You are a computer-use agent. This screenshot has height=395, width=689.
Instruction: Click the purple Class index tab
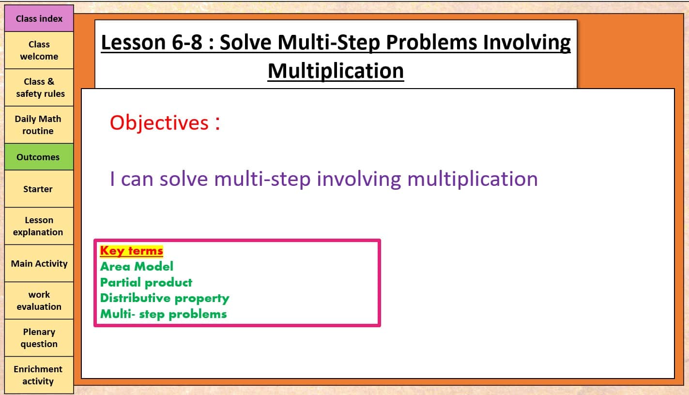(x=39, y=18)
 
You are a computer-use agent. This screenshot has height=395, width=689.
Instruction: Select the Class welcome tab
(x=39, y=50)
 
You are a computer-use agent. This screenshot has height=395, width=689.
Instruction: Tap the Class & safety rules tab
(x=39, y=88)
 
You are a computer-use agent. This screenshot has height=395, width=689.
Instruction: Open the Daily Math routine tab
(x=39, y=125)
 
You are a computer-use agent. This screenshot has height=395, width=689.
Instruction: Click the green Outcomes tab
(x=39, y=157)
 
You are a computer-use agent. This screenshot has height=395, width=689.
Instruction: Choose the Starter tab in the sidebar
(x=39, y=189)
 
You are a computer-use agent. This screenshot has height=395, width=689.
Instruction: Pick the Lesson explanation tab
(x=39, y=226)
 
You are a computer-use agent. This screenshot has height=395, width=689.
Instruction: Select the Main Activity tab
(x=39, y=263)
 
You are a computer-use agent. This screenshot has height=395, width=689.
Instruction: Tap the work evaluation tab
(x=39, y=301)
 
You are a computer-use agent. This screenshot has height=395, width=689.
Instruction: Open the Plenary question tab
(x=39, y=338)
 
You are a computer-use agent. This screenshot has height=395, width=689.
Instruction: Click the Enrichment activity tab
(x=39, y=375)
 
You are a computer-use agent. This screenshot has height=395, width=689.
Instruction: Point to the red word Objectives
(x=159, y=123)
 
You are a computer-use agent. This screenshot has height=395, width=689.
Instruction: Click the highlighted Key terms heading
(x=132, y=251)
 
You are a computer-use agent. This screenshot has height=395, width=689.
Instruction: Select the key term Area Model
(x=137, y=266)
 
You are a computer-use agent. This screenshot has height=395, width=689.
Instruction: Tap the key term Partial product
(x=146, y=282)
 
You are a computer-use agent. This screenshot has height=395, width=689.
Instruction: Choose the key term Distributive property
(x=165, y=298)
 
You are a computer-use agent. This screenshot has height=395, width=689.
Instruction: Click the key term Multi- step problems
(x=163, y=314)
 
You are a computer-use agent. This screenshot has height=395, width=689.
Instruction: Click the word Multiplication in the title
(x=336, y=71)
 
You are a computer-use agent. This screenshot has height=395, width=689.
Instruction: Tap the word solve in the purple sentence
(x=184, y=179)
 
